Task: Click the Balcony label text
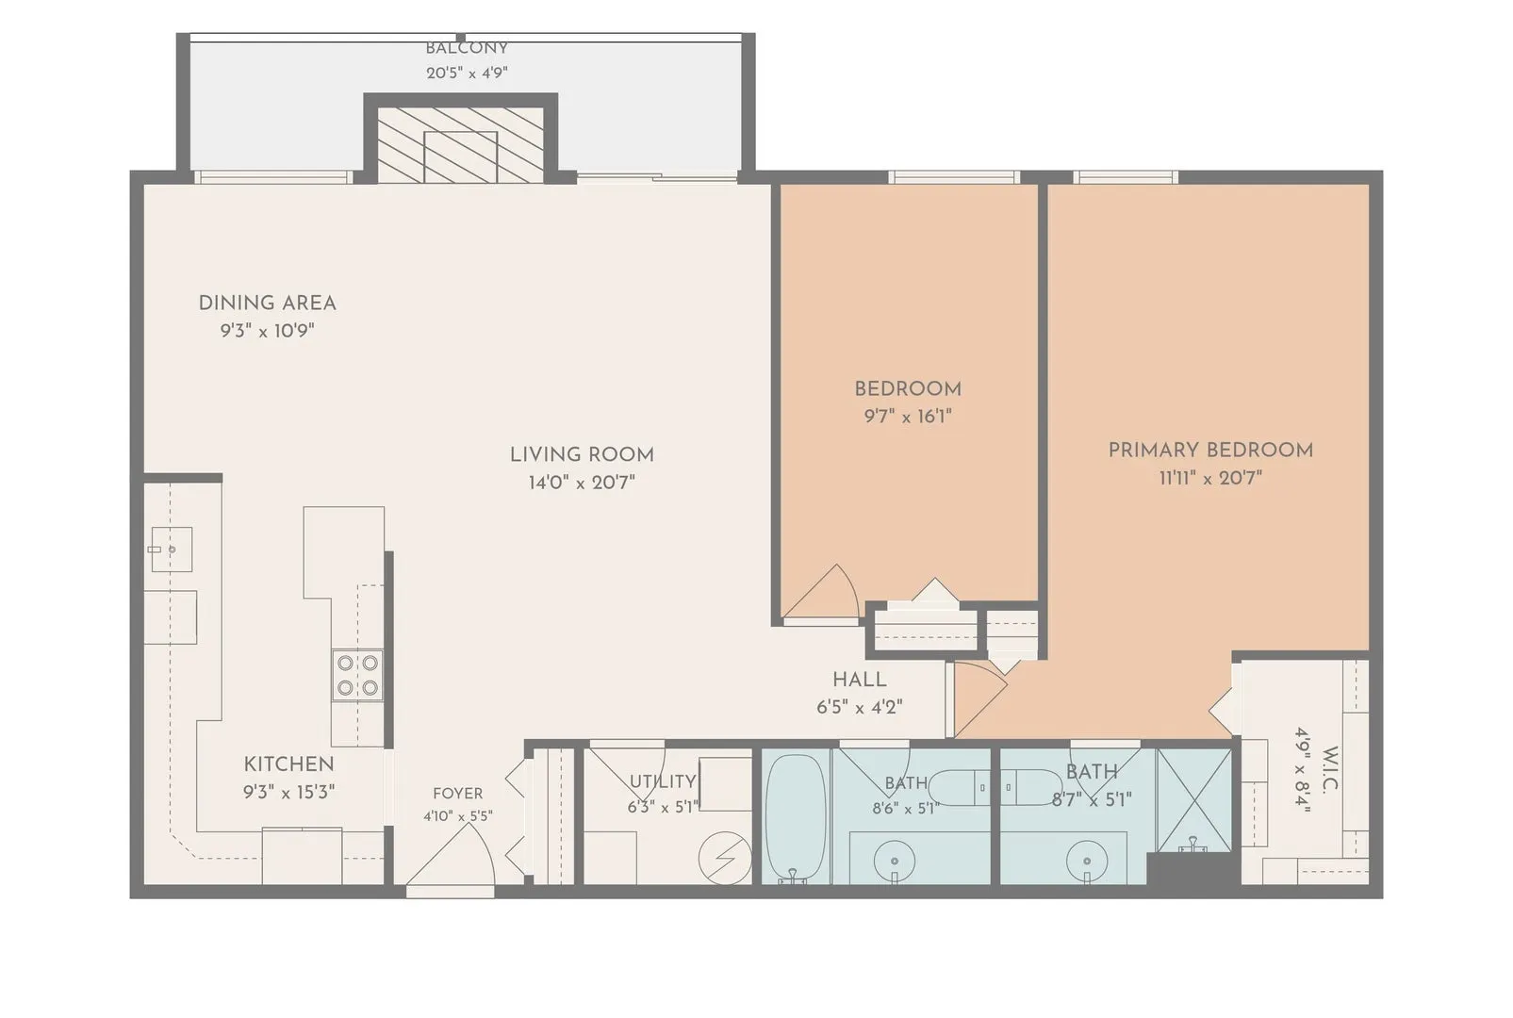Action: click(466, 49)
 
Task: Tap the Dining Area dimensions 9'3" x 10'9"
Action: click(268, 331)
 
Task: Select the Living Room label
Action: click(582, 454)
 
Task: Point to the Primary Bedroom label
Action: click(1210, 450)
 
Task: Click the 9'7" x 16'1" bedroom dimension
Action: click(908, 416)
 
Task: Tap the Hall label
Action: click(859, 680)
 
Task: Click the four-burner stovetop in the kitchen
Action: click(357, 675)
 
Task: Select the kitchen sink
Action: click(172, 550)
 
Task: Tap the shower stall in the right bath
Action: click(1194, 799)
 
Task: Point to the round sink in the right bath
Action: click(1087, 862)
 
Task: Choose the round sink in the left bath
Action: click(895, 862)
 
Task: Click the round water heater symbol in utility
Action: click(725, 858)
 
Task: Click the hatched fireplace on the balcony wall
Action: click(460, 144)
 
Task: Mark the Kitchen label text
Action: click(289, 764)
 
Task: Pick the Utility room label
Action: click(663, 781)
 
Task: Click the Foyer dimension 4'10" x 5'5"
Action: click(458, 816)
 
